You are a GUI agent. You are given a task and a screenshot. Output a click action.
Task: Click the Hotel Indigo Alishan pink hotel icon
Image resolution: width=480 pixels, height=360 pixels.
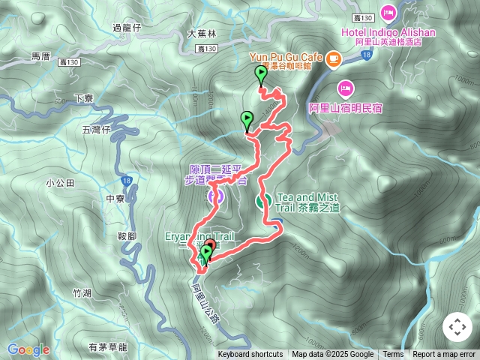click(x=388, y=13)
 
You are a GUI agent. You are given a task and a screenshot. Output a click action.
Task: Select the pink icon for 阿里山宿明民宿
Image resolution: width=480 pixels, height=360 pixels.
click(x=345, y=88)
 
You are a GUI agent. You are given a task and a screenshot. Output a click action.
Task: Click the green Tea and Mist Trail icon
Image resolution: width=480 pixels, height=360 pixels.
click(x=264, y=201)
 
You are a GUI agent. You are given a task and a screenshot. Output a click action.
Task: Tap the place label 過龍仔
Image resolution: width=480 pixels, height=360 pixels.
click(x=126, y=28)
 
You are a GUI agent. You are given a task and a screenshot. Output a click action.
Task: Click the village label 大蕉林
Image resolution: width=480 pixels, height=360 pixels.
click(x=201, y=34)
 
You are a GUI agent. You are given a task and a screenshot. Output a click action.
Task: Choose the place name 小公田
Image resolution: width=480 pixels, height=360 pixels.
click(x=60, y=182)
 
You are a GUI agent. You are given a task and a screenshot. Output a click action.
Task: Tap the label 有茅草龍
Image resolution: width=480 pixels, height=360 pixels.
click(x=107, y=346)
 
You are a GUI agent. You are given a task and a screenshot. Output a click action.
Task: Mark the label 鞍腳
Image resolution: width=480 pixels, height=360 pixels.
click(x=127, y=235)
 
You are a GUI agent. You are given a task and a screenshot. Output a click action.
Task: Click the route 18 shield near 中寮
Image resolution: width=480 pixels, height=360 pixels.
click(x=125, y=181)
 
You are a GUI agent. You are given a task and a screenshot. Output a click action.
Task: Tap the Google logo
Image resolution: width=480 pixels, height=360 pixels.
click(x=28, y=349)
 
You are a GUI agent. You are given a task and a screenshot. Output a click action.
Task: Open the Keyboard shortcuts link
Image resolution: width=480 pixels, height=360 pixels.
click(x=250, y=355)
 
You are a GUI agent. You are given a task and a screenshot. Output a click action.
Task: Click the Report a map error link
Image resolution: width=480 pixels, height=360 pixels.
click(x=444, y=355)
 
